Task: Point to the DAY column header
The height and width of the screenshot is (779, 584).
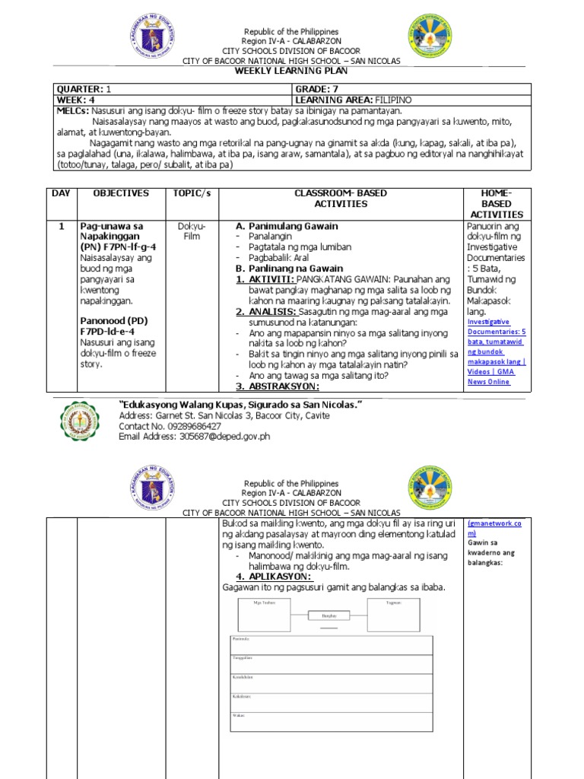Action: [x=61, y=193]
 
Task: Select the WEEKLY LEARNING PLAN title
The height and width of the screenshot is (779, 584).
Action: [x=292, y=71]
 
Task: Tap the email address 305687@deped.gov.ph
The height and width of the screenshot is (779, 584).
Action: [x=224, y=437]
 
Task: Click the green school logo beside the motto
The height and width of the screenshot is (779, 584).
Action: [x=80, y=421]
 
